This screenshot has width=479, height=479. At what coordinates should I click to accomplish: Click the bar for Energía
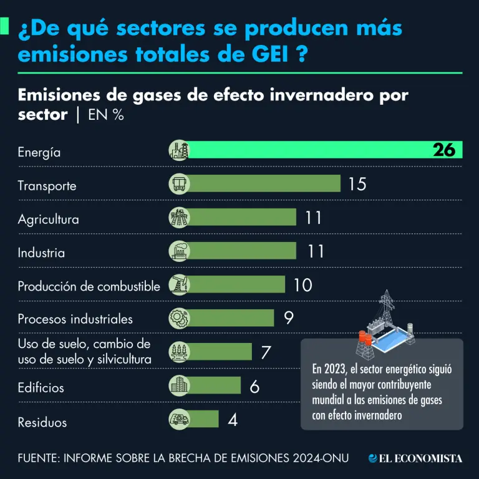click(312, 150)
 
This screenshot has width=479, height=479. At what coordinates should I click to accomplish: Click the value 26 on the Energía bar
click(447, 150)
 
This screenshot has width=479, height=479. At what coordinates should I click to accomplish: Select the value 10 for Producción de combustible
click(302, 285)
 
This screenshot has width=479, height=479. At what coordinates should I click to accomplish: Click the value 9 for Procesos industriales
click(288, 318)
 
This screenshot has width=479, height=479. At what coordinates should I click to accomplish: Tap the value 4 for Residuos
click(232, 419)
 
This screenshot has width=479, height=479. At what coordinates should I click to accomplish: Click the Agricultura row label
click(48, 220)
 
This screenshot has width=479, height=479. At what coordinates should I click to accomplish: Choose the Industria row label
click(41, 253)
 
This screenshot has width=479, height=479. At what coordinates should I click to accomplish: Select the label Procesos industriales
click(75, 319)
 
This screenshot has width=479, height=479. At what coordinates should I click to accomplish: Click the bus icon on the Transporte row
click(179, 184)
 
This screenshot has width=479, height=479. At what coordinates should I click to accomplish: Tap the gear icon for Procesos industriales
click(179, 318)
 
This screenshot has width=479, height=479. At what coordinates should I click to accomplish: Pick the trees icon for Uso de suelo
click(179, 352)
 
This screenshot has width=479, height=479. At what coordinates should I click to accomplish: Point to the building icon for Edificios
click(179, 385)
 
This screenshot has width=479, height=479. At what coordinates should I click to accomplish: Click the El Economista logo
click(415, 458)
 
